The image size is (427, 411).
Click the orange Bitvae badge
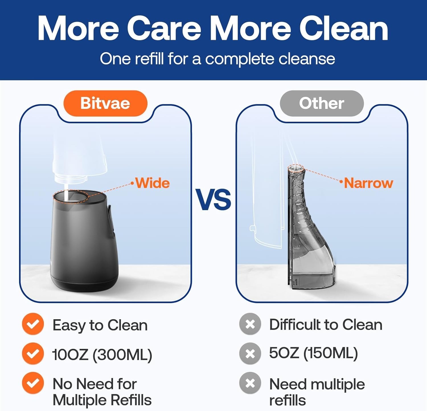click(105, 103)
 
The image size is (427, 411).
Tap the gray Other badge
click(321, 103)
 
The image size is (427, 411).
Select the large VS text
click(213, 200)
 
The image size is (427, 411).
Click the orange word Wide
click(153, 183)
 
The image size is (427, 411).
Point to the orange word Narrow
click(369, 183)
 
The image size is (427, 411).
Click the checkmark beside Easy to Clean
click(33, 324)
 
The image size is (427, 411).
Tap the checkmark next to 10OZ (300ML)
click(33, 353)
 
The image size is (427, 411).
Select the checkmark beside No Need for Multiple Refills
click(33, 383)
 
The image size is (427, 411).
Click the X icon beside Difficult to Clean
click(250, 324)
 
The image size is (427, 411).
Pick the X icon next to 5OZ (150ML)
click(250, 353)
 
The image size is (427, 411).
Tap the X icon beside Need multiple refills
click(250, 383)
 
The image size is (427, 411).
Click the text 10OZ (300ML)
click(102, 355)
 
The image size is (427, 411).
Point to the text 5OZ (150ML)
click(313, 353)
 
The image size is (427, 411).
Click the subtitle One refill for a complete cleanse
click(217, 59)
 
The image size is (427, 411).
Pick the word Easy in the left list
click(68, 325)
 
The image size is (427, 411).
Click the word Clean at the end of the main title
click(344, 29)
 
